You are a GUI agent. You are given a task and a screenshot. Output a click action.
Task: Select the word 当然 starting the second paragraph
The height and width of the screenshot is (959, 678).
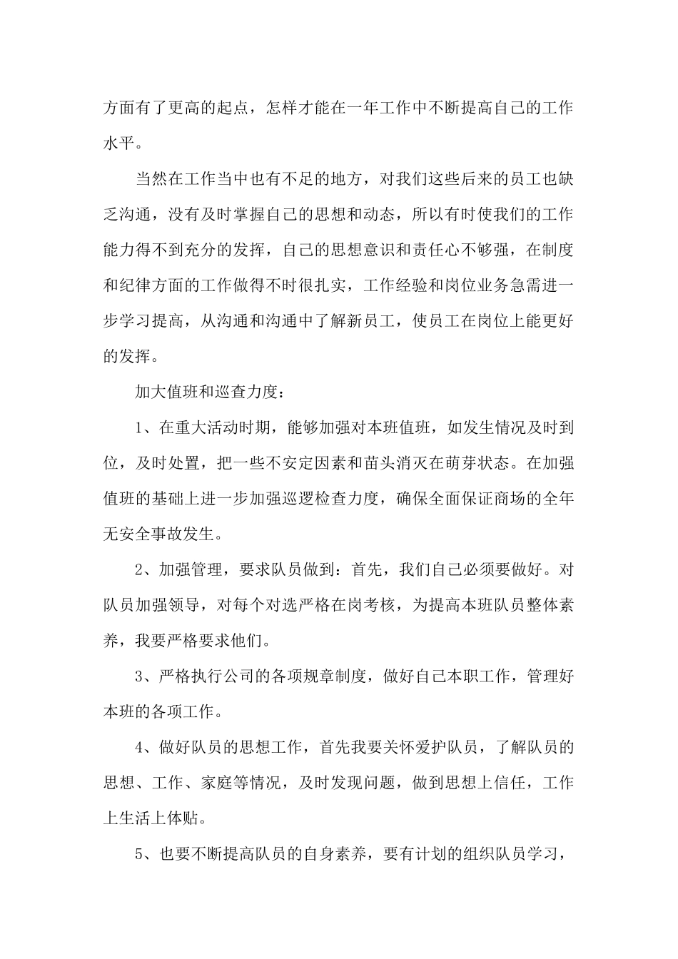152,178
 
